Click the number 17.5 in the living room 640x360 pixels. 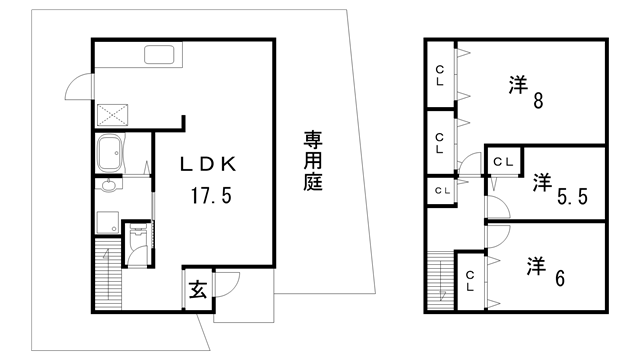[x=212, y=195]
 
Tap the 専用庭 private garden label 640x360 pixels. [x=313, y=162]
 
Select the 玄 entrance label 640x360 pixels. [x=198, y=290]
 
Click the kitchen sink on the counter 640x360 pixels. [x=160, y=55]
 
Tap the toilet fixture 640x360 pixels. [x=138, y=242]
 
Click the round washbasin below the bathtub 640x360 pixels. [x=108, y=186]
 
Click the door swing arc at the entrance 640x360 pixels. [x=226, y=285]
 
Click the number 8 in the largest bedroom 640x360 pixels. [x=538, y=100]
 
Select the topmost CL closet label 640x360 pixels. [x=440, y=75]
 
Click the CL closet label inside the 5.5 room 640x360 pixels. [x=504, y=160]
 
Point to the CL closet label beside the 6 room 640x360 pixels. [x=469, y=280]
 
